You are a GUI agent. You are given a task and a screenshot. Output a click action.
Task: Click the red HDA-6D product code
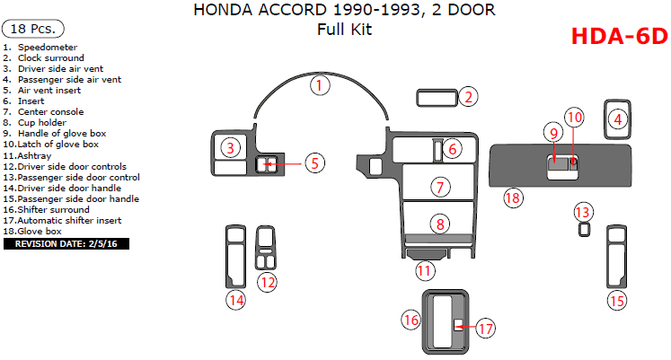(619, 36)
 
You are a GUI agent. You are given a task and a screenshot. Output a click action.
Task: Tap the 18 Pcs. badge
(29, 29)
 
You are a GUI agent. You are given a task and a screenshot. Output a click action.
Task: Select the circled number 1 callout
(320, 86)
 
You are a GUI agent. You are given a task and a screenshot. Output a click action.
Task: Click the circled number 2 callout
(468, 97)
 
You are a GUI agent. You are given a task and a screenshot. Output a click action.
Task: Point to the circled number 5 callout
(313, 162)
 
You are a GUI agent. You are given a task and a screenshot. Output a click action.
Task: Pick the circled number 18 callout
(512, 197)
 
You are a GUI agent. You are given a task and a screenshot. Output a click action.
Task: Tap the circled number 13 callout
(584, 212)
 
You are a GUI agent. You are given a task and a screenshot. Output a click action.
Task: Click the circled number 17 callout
(485, 329)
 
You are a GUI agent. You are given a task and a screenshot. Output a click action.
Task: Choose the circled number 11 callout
(424, 270)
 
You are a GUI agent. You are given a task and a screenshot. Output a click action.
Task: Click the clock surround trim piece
(437, 97)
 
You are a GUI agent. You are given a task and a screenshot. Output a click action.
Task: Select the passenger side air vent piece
(616, 119)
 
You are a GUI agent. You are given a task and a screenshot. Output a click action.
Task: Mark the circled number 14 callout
(235, 301)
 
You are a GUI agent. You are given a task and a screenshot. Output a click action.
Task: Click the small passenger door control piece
(584, 230)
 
